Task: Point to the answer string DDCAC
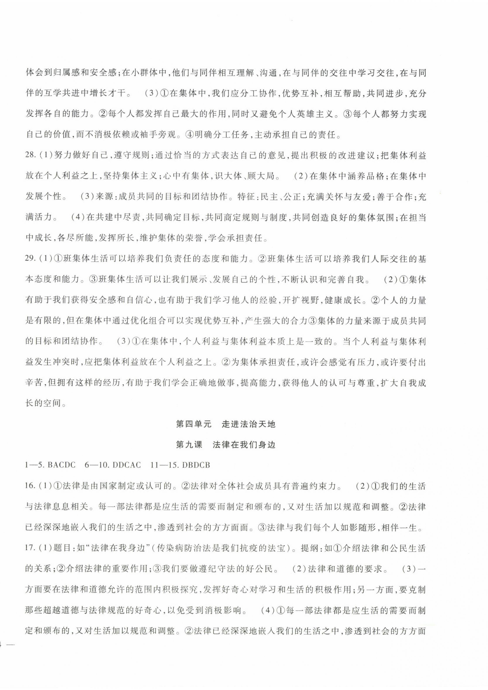coord(127,465)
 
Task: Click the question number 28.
coord(30,156)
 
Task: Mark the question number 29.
coord(30,259)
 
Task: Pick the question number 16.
coord(30,486)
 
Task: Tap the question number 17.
coord(30,548)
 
